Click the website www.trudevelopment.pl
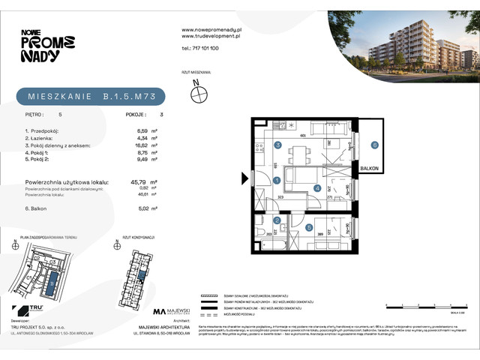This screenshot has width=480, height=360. (211, 35)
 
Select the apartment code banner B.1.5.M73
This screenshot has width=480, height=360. (90, 96)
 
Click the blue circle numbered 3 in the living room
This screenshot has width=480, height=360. (277, 145)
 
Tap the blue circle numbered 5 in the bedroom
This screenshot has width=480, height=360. (309, 226)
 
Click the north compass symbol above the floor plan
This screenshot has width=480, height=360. (199, 94)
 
